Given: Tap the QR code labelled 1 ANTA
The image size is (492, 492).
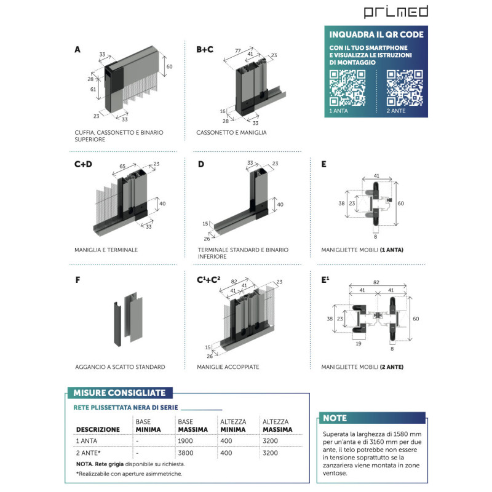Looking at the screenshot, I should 348,87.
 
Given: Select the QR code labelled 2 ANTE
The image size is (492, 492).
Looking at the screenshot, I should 404,87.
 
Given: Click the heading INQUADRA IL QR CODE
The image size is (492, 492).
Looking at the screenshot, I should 376,34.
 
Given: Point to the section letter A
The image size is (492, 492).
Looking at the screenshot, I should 77,49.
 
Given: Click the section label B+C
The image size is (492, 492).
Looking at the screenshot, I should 205,49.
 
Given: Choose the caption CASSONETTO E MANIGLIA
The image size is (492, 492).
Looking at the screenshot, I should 231,132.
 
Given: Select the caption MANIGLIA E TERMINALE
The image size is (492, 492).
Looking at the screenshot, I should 106,250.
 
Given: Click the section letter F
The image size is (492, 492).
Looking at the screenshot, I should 77,280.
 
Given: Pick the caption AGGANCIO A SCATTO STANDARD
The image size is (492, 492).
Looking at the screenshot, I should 119,367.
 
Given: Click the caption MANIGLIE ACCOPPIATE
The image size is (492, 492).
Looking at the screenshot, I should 228,367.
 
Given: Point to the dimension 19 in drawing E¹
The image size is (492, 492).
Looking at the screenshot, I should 359,344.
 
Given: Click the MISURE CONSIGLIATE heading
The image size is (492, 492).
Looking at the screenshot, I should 119,393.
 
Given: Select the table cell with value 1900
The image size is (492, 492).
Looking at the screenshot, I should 185,442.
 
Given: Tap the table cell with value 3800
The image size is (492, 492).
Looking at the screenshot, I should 185,453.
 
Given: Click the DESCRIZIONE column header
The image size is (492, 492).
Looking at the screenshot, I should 97,429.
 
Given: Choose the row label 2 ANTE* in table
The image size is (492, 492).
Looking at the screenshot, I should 87,453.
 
